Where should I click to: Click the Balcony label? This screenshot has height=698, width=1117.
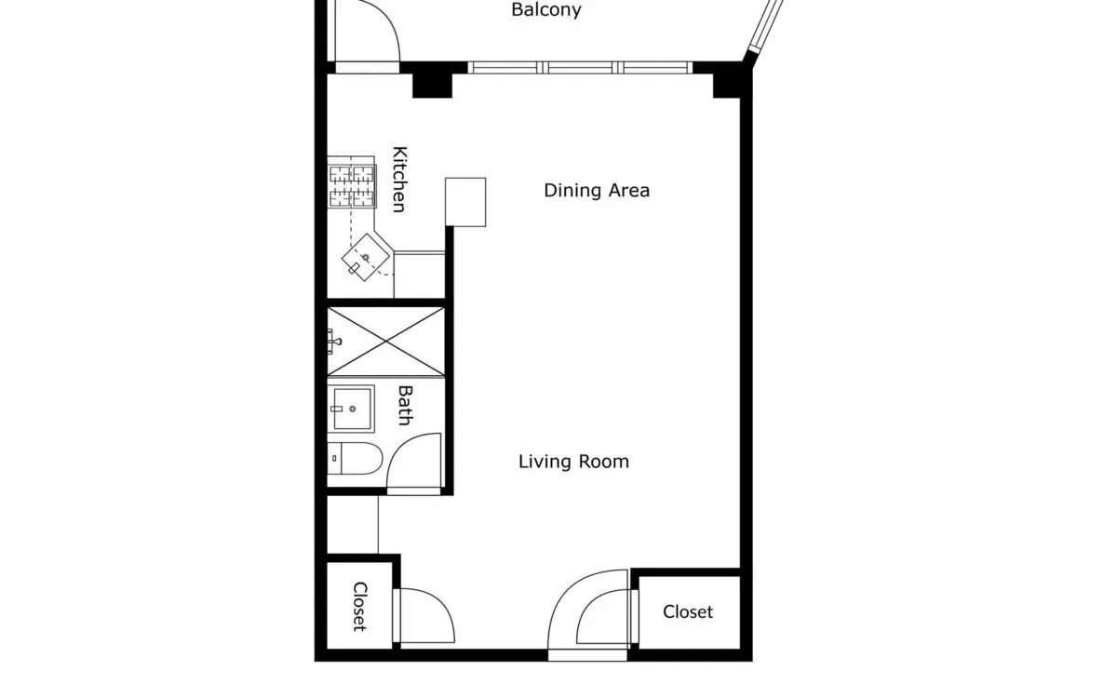(546, 10)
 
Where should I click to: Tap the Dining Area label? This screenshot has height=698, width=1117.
(597, 191)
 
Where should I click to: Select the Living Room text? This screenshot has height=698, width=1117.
(573, 462)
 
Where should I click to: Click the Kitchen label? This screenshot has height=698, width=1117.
(399, 180)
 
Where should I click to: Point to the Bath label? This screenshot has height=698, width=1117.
(405, 406)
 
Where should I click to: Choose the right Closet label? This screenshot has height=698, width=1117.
(688, 611)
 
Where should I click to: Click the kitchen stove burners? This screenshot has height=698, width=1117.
(351, 185)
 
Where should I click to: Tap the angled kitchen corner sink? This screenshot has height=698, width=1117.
(365, 257)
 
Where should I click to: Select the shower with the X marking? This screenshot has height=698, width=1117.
(385, 342)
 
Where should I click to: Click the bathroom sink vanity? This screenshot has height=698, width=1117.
(352, 409)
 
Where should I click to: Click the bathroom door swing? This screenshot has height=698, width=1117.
(414, 462)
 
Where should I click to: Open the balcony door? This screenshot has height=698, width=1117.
(367, 33)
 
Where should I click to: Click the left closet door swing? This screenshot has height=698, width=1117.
(424, 615)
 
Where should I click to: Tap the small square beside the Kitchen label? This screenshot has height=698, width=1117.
(465, 202)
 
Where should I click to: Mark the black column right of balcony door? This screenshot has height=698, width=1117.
(432, 83)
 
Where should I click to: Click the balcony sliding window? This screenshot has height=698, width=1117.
(579, 67)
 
